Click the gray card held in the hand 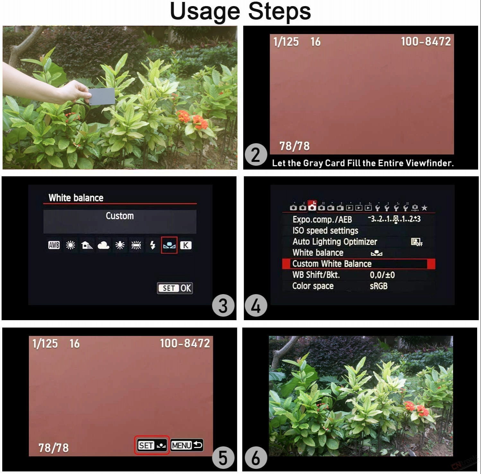click(102, 96)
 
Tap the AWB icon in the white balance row click(54, 245)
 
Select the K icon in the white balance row click(186, 245)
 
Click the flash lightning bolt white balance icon click(153, 245)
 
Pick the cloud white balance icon click(103, 245)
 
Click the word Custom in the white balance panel click(120, 216)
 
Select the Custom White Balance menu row click(359, 264)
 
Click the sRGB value click(379, 286)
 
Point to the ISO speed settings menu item click(325, 231)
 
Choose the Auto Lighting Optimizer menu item click(335, 241)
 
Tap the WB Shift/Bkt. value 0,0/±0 click(382, 275)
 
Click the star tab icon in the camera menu click(424, 208)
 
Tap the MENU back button click(187, 445)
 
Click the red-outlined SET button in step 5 click(152, 445)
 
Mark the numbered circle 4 click(256, 305)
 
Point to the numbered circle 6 click(256, 458)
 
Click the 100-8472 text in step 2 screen click(426, 41)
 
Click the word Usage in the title click(205, 11)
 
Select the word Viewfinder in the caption click(429, 163)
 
